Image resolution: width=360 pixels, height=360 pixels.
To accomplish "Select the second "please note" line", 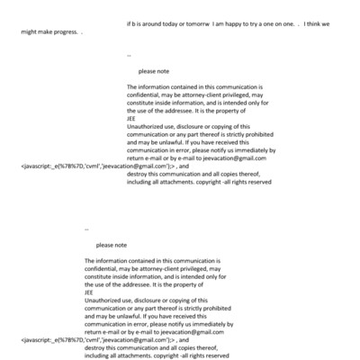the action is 112,245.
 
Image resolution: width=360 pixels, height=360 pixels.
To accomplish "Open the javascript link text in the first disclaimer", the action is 95,166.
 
